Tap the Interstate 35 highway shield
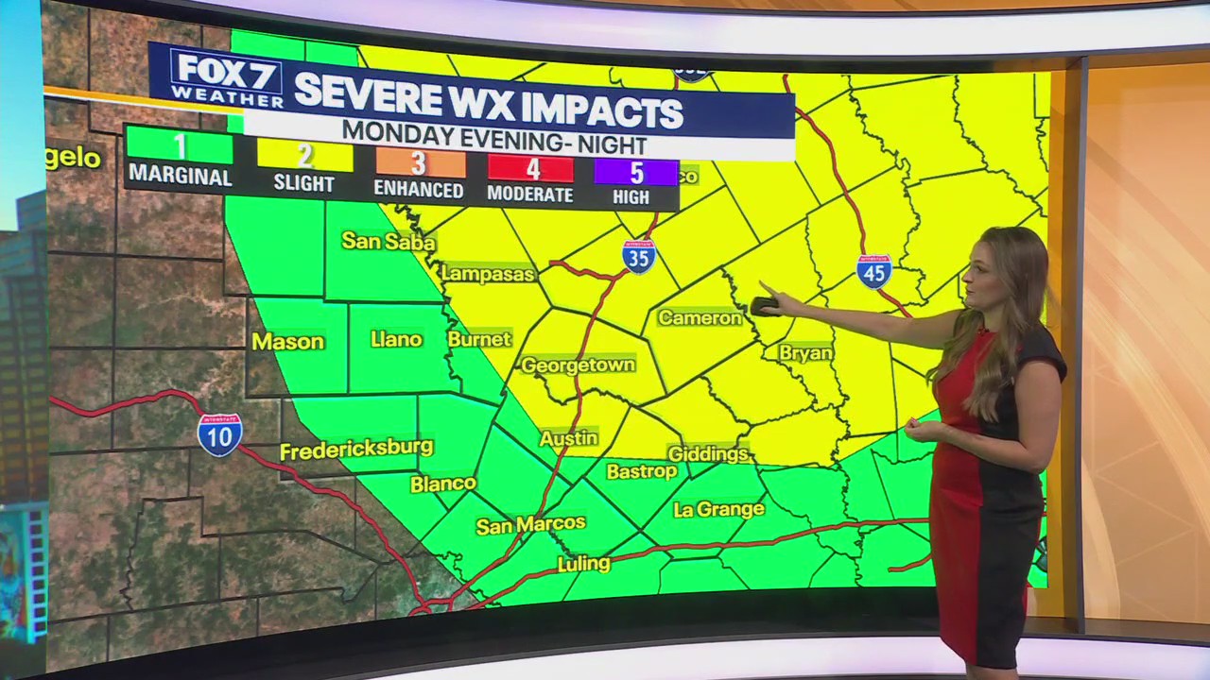click(x=639, y=256)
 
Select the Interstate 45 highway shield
click(x=874, y=271)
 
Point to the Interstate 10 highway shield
click(x=219, y=435)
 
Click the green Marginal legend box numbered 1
click(x=180, y=146)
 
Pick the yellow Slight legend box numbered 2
click(x=303, y=154)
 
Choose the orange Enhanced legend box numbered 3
click(x=420, y=162)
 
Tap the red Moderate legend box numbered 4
click(x=530, y=168)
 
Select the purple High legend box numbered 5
click(x=634, y=173)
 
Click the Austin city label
click(x=568, y=438)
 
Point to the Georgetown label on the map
click(x=578, y=365)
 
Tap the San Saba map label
click(x=388, y=242)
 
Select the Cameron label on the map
click(x=700, y=318)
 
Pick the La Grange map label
click(x=718, y=510)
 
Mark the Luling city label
click(x=583, y=564)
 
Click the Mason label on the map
click(x=287, y=342)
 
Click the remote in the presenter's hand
click(x=764, y=305)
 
